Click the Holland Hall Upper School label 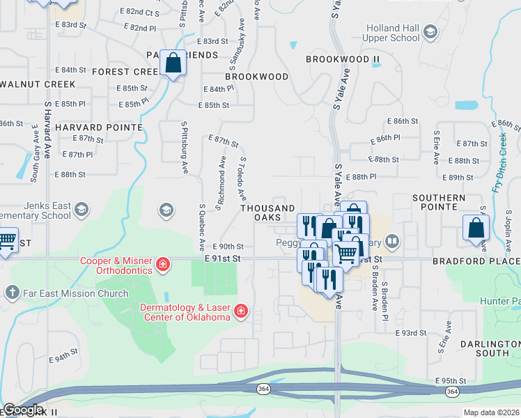[391, 32]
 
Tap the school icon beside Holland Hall [430, 31]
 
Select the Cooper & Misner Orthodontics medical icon [162, 263]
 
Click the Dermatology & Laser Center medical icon [241, 311]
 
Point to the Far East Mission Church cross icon [12, 293]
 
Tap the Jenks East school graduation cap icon [82, 210]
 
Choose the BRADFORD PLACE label [476, 261]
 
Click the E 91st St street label [222, 258]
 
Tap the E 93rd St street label [410, 333]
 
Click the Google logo [23, 410]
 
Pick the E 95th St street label [450, 381]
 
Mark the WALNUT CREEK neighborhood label [38, 84]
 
